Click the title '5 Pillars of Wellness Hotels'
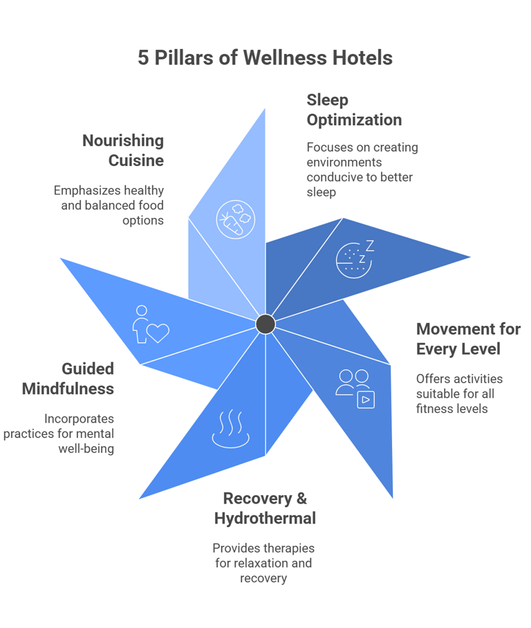coord(265,57)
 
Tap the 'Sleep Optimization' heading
coord(353,110)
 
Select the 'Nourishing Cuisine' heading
coord(122,151)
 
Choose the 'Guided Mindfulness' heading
coord(68,379)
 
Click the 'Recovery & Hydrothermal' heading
coord(265,508)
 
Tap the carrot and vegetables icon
coord(235,219)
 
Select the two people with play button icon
coord(355,388)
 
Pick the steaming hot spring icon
coord(230,429)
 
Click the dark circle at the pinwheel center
coord(265,324)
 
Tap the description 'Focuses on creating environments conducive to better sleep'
coord(362,169)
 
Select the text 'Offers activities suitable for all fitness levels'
coord(459,394)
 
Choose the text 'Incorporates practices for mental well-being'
coord(60,434)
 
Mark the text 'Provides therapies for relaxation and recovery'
coord(263,563)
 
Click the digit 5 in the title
coord(143,57)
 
